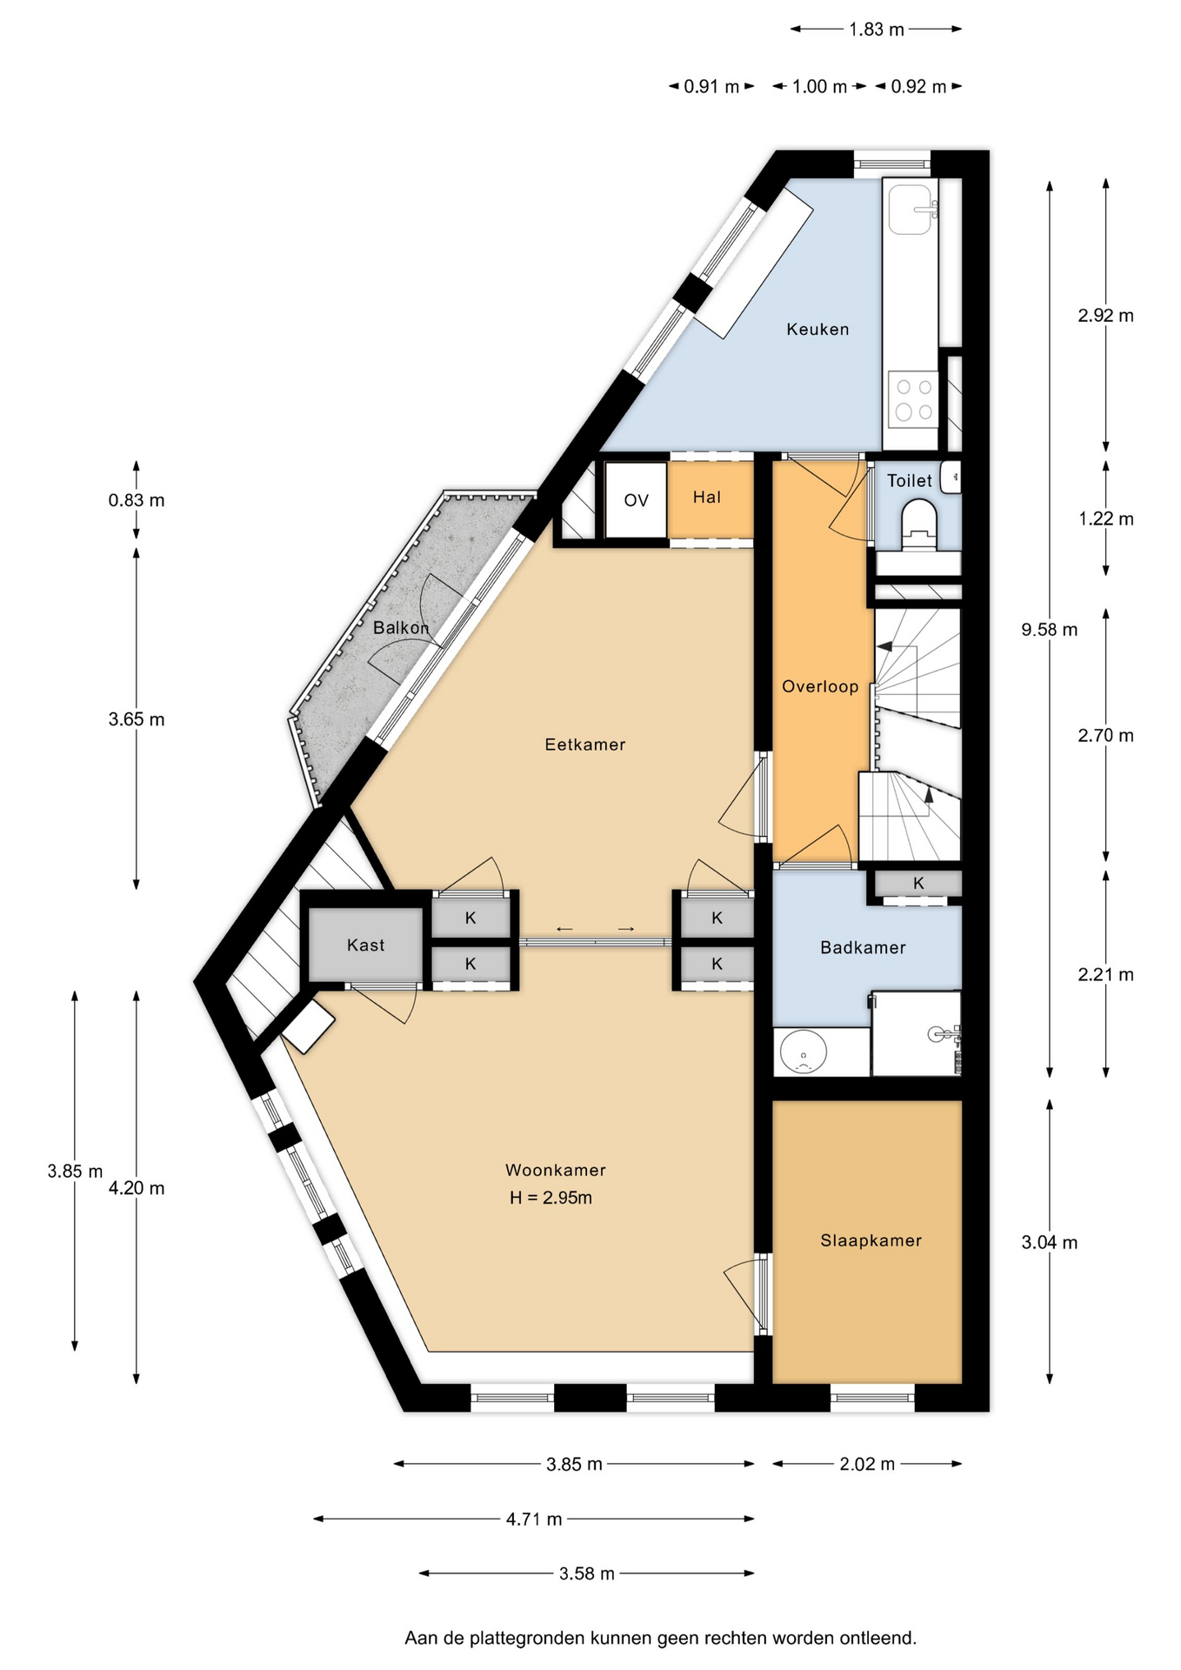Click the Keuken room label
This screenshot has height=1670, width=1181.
pyautogui.click(x=817, y=329)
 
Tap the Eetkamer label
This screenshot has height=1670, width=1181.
pyautogui.click(x=585, y=745)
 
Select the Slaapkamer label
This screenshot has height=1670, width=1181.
pyautogui.click(x=871, y=1241)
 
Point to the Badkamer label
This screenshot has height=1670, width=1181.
pyautogui.click(x=863, y=948)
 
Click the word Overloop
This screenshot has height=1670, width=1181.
pyautogui.click(x=820, y=687)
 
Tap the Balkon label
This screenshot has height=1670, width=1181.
pyautogui.click(x=401, y=628)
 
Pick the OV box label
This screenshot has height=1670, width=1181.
pyautogui.click(x=637, y=500)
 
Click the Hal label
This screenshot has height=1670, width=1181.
pyautogui.click(x=707, y=498)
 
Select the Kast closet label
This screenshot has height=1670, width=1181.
pyautogui.click(x=365, y=945)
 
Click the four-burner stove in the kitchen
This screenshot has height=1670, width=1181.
pyautogui.click(x=913, y=399)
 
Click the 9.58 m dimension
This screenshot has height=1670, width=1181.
pyautogui.click(x=1049, y=630)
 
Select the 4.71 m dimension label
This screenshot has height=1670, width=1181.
pyautogui.click(x=534, y=1519)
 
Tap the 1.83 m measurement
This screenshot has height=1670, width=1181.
pyautogui.click(x=877, y=30)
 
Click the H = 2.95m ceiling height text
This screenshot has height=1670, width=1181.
pyautogui.click(x=550, y=1198)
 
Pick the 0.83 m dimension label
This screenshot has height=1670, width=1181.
pyautogui.click(x=137, y=500)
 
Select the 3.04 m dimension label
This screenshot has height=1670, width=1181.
pyautogui.click(x=1049, y=1242)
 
